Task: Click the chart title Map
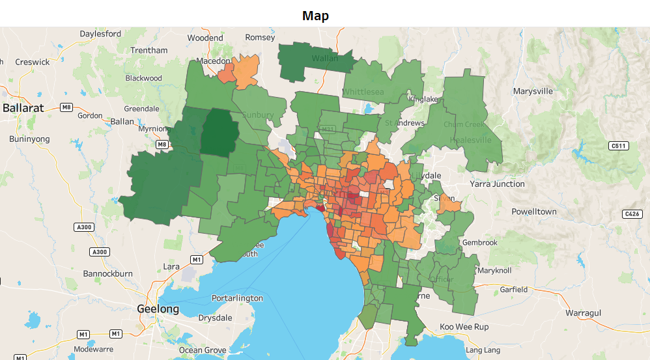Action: pyautogui.click(x=315, y=16)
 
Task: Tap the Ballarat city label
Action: pyautogui.click(x=23, y=108)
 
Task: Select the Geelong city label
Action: pyautogui.click(x=158, y=309)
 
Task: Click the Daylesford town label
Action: pyautogui.click(x=100, y=33)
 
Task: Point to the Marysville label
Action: pyautogui.click(x=533, y=91)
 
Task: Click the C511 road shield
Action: pyautogui.click(x=618, y=146)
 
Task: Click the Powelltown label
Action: pyautogui.click(x=534, y=212)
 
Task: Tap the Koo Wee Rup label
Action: pyautogui.click(x=464, y=326)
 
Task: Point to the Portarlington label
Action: pyautogui.click(x=237, y=298)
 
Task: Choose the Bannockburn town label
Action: pyautogui.click(x=109, y=273)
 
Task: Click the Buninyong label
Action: pyautogui.click(x=29, y=139)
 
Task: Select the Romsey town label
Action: pyautogui.click(x=260, y=38)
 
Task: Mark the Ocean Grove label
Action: pyautogui.click(x=203, y=350)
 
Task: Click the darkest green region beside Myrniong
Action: pyautogui.click(x=217, y=132)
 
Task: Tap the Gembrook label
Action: pyautogui.click(x=479, y=242)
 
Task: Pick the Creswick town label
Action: pyautogui.click(x=33, y=62)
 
